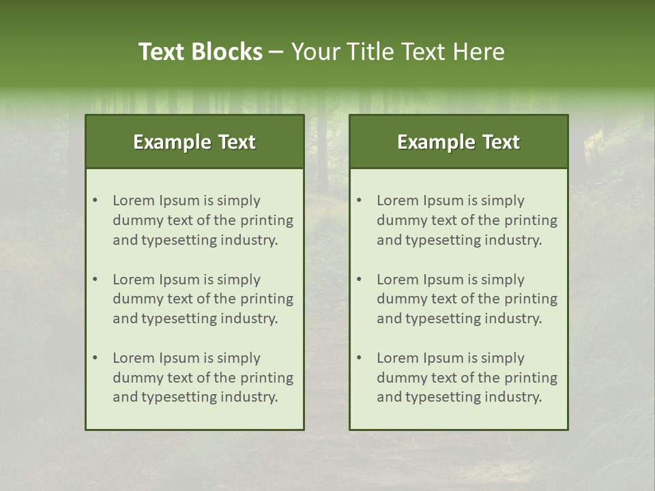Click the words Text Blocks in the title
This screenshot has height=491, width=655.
coord(201,52)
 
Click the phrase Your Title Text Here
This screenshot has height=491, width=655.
coord(398,52)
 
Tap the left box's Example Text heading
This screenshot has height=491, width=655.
coord(194,142)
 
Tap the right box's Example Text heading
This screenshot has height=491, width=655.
coord(458,142)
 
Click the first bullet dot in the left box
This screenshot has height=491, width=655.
coord(96,200)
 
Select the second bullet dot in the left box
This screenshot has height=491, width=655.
coord(96,280)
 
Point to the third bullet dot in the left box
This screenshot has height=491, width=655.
coord(96,358)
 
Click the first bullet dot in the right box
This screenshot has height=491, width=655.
coord(360,200)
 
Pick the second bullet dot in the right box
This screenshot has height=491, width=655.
coord(360,280)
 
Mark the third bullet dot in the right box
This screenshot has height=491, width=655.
coord(360,358)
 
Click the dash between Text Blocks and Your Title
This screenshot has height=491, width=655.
coord(276,52)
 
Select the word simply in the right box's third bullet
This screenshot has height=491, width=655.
coord(503,358)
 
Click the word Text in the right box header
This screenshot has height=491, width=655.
coord(501,142)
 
